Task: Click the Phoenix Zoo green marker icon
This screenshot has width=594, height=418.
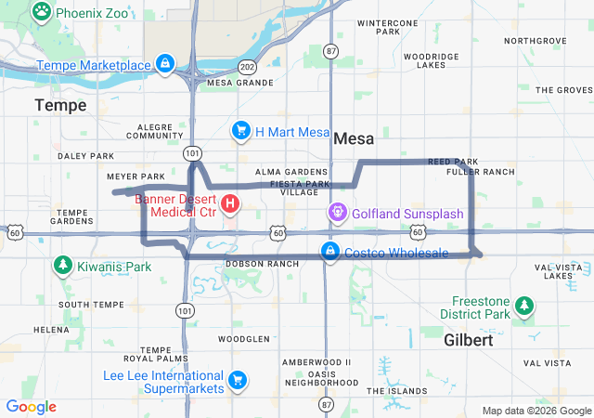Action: [x=42, y=12]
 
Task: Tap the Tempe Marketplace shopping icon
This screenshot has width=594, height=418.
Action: [x=164, y=64]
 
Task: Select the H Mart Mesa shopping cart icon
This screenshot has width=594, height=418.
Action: [x=241, y=130]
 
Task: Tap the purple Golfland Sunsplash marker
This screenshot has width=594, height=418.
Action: [x=337, y=214]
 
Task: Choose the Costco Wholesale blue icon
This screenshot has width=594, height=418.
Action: [x=329, y=252]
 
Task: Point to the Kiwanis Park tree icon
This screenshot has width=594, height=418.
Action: [x=62, y=267]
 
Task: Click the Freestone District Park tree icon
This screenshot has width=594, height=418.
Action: [x=524, y=305]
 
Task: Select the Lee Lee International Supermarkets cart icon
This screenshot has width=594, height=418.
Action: [x=237, y=379]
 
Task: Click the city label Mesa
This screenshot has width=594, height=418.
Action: [x=353, y=138]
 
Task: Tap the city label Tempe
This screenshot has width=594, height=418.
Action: [x=60, y=105]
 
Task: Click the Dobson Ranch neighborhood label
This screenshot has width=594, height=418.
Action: [x=262, y=264]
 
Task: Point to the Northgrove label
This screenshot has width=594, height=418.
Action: [x=534, y=41]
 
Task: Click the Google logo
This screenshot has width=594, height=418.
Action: [x=31, y=407]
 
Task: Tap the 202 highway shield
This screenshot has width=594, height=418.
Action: [x=246, y=67]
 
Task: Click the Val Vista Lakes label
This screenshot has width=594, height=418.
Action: [x=559, y=271]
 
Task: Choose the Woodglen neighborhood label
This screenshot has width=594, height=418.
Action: [x=245, y=339]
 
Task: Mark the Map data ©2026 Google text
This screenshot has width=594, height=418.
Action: [x=536, y=411]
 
